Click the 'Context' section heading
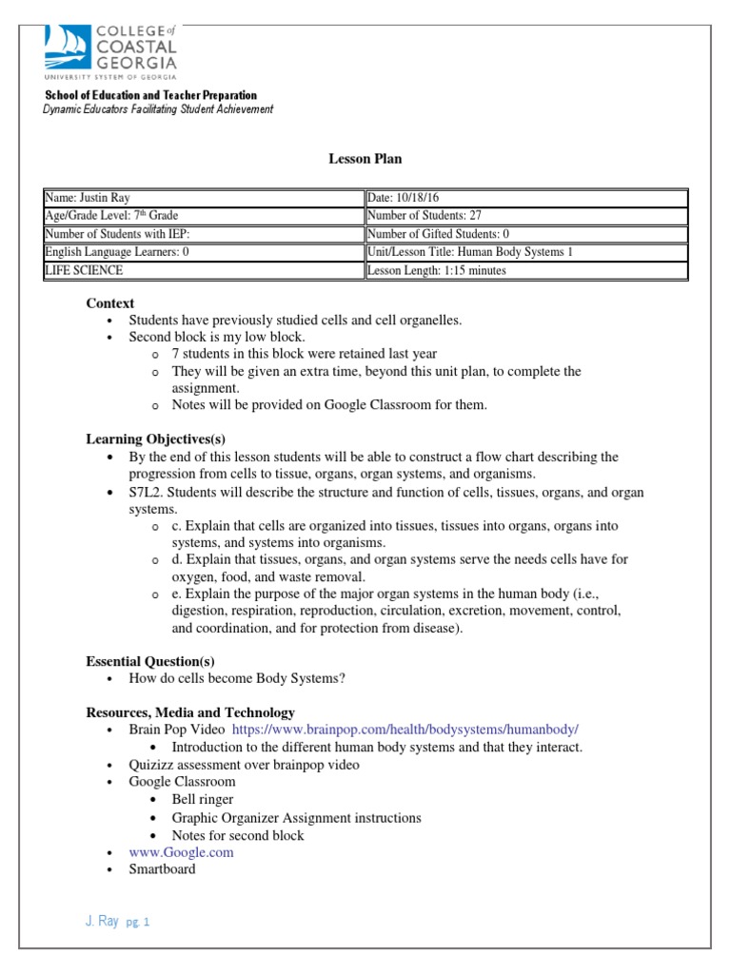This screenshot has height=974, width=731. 109,303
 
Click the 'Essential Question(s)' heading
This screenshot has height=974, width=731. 150,661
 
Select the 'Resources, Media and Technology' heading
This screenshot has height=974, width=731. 190,712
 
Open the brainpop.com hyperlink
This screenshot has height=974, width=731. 405,730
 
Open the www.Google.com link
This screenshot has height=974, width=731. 181,852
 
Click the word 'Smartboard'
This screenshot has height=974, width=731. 162,869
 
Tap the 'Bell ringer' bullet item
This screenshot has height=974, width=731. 202,800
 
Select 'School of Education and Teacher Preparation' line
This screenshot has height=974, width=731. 151,95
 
